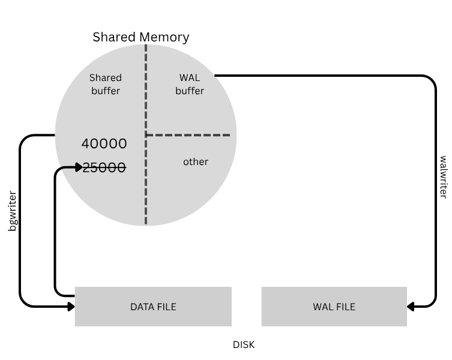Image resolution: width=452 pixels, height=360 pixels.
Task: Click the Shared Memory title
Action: coord(140,37)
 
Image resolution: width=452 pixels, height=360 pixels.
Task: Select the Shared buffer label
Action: coord(105,84)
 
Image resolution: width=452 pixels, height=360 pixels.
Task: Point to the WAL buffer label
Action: coord(190,84)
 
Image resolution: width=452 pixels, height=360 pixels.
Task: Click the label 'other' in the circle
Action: coord(196,161)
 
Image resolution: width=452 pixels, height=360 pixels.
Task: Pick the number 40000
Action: coord(104,144)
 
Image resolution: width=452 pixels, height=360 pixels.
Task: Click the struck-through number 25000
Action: coord(104,168)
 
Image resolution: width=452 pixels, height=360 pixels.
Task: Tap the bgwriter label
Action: coord(12,212)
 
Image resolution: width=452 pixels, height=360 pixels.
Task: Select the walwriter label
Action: coord(443,177)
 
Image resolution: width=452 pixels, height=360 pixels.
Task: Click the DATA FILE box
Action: coord(153,307)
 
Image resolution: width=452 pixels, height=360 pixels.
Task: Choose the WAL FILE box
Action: coord(334,307)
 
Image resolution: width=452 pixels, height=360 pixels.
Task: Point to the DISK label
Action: coord(244,345)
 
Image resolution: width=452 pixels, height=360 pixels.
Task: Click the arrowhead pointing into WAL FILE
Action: coord(411,307)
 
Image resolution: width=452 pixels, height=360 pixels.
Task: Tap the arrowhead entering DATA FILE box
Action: coord(71,307)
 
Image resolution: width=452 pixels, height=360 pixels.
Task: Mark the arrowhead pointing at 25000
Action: coord(79,167)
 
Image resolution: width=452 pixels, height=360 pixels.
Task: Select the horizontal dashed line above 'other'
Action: coord(188,135)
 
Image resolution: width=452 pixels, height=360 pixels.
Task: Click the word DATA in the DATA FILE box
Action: coord(142,307)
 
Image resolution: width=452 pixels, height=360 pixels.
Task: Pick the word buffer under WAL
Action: coord(190,91)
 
